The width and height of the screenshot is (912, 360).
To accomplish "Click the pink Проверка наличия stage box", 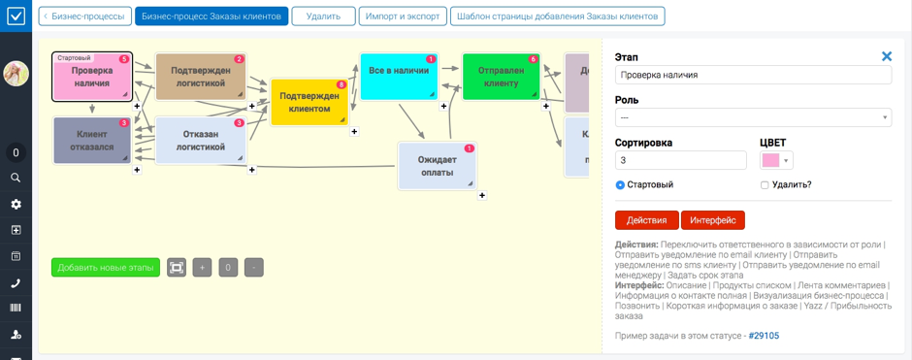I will click(x=91, y=77).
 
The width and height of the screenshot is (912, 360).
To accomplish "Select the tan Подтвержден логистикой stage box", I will click(x=200, y=77).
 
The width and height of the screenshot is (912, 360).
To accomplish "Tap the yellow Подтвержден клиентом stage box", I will click(x=309, y=102).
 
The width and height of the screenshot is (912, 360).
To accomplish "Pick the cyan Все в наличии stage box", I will click(x=398, y=77).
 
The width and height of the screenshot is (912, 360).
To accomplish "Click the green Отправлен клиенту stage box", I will click(x=500, y=77).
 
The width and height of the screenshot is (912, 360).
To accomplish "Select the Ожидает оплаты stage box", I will click(x=437, y=166).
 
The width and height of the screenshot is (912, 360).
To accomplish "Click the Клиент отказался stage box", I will click(x=91, y=141).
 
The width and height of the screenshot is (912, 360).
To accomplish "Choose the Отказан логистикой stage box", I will click(x=200, y=141).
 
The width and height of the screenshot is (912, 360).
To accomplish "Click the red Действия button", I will click(x=646, y=220).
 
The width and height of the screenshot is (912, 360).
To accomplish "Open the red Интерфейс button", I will click(x=712, y=220).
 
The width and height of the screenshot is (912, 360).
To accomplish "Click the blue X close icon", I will click(x=886, y=56).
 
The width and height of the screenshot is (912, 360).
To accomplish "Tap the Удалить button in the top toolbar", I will click(x=323, y=16).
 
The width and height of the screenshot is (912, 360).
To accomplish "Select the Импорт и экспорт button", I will click(x=402, y=16).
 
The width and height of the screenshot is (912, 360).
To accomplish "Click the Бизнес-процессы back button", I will click(x=84, y=16).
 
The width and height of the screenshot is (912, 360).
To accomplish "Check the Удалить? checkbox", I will click(x=765, y=184).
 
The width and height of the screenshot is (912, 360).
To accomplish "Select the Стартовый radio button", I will click(x=620, y=184).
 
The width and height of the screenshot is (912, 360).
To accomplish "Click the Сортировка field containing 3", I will click(x=680, y=160).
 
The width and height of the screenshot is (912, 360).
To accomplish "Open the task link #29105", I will click(x=764, y=336).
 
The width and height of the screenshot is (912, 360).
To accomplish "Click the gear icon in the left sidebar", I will click(x=16, y=204).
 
